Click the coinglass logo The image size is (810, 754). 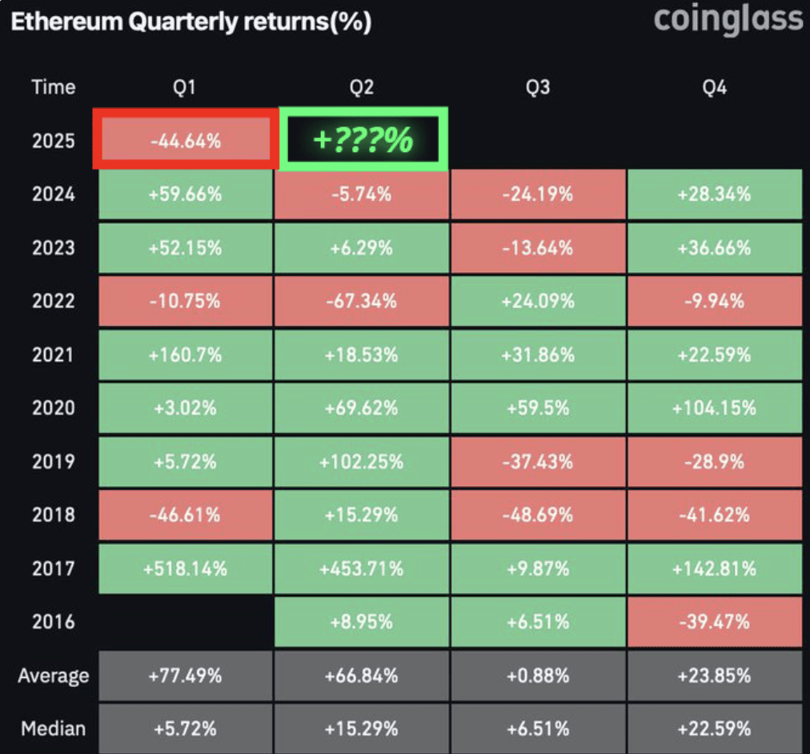728,20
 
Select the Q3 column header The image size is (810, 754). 538,87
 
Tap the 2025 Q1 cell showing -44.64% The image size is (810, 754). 186,141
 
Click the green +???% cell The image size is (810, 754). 363,140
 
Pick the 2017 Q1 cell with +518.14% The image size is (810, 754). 186,569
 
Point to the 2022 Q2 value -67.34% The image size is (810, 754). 362,301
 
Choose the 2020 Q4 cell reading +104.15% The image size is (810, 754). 714,408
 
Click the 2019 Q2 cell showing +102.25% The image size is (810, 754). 362,462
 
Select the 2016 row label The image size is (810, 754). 53,622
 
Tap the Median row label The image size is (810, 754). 53,728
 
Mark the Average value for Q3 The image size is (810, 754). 538,676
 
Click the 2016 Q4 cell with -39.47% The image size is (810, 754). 714,622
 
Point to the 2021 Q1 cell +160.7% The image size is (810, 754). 186,355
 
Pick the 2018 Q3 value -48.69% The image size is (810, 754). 538,515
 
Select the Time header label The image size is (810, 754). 53,87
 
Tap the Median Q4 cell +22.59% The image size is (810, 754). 714,728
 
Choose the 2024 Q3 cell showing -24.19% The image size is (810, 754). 538,194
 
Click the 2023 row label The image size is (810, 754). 53,248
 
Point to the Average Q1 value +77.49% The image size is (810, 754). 186,676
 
